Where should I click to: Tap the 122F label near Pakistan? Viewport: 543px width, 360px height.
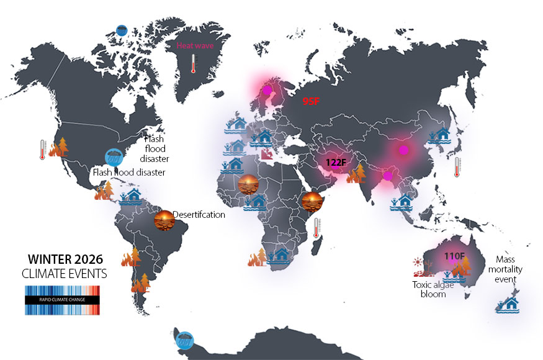[336, 163]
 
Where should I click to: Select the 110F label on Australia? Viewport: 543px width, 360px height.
[454, 256]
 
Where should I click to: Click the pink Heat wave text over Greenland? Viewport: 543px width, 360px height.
[194, 45]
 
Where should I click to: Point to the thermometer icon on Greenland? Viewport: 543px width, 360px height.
[194, 63]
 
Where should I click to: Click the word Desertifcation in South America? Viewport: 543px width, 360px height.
[199, 215]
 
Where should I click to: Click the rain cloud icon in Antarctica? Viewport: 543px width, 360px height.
[184, 338]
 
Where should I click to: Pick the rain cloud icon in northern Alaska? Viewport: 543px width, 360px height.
[122, 30]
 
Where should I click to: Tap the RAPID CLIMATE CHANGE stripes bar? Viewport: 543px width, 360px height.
[62, 300]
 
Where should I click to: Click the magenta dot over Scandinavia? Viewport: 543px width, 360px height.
[267, 89]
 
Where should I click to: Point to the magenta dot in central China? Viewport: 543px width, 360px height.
[403, 150]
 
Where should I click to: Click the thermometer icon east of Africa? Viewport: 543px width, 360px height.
[316, 228]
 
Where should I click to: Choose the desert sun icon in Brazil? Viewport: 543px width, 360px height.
[164, 220]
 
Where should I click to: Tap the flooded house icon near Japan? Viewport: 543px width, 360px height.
[442, 134]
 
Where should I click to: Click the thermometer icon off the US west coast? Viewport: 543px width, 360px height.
[42, 150]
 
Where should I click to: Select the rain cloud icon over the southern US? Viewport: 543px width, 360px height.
[113, 156]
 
